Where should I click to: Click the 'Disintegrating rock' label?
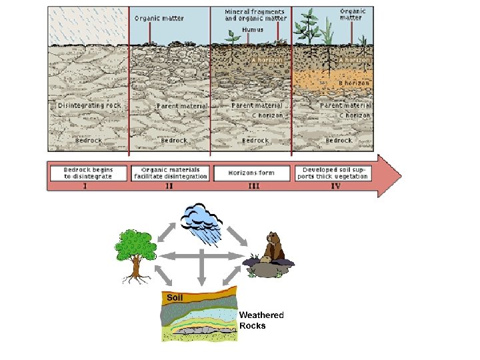tap(89, 105)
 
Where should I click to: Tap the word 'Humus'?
tap(253, 29)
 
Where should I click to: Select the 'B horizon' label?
tap(354, 83)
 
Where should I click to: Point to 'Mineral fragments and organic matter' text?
tap(255, 15)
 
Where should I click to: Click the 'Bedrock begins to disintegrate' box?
tap(88, 173)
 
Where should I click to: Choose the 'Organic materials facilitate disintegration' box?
tap(171, 173)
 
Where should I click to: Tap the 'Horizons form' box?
tap(252, 173)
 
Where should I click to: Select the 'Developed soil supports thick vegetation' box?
tap(331, 173)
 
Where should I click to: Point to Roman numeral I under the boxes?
tap(85, 187)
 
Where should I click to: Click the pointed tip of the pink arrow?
tap(401, 176)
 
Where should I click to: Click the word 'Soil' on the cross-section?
tap(175, 298)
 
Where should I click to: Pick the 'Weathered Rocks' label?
tap(261, 320)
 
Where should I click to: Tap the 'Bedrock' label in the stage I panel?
tap(89, 141)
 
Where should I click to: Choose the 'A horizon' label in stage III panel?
tap(266, 60)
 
